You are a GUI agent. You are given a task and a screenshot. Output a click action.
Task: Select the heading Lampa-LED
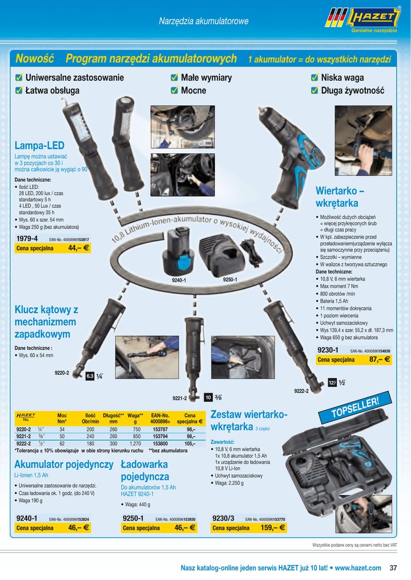(40, 146)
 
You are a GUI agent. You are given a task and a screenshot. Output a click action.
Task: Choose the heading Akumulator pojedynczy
(63, 464)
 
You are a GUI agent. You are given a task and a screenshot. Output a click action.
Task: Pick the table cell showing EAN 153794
(160, 437)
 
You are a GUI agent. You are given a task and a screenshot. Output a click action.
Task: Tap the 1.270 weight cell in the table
(135, 443)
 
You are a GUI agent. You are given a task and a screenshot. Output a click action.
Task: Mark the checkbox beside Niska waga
(315, 78)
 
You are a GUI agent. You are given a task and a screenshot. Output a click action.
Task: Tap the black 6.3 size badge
(90, 376)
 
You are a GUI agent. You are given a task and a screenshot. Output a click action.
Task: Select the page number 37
(393, 568)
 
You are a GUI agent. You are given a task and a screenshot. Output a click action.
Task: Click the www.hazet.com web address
(358, 568)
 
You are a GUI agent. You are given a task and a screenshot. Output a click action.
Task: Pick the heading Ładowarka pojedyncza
(145, 471)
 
